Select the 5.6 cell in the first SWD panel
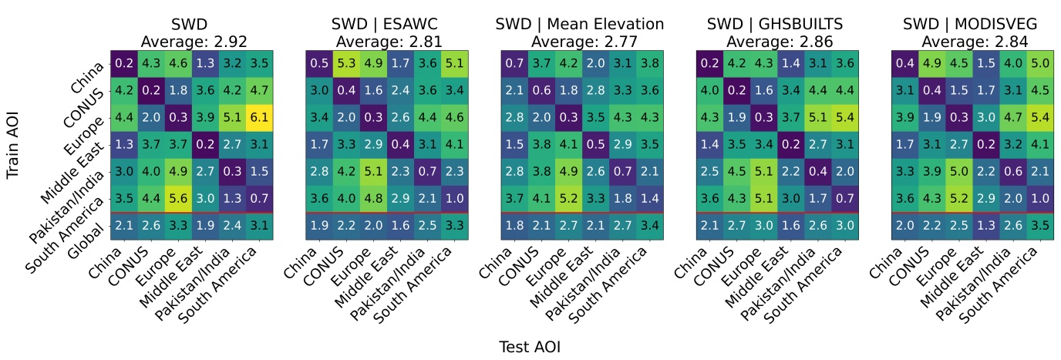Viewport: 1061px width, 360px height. click(x=178, y=197)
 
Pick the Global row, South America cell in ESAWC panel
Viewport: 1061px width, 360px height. click(x=455, y=226)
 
